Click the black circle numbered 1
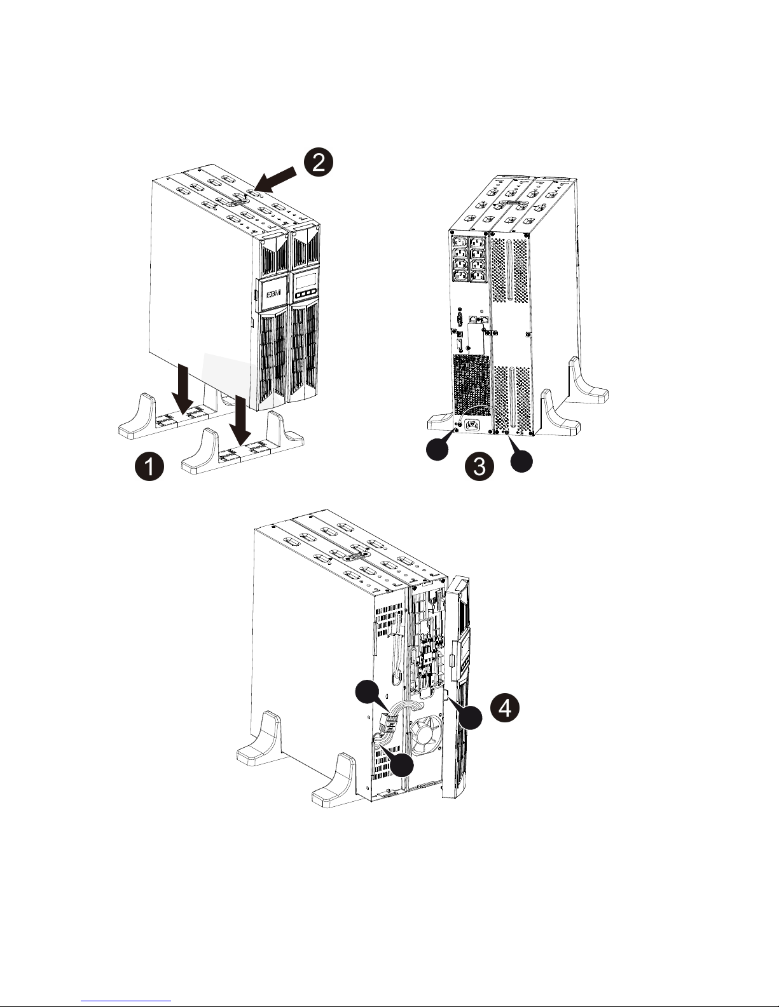[x=149, y=466]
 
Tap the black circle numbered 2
[x=319, y=162]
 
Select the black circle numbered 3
[x=479, y=467]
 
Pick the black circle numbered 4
[x=506, y=708]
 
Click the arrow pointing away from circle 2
[x=275, y=180]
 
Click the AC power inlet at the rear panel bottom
[x=474, y=424]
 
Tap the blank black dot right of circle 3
[x=521, y=461]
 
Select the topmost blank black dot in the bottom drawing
[x=368, y=693]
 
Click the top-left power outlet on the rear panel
[x=460, y=243]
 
